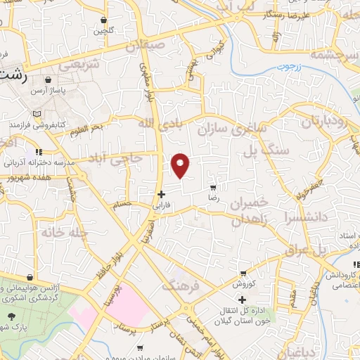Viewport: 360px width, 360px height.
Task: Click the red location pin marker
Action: [181, 165]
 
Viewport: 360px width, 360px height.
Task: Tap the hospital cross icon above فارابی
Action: [161, 194]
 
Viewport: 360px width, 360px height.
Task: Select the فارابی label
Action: [161, 207]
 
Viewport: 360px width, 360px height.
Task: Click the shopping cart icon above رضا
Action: [213, 188]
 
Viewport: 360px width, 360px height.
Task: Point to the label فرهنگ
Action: [181, 286]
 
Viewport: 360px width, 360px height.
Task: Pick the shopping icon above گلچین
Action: [104, 20]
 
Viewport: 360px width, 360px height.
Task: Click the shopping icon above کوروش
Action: [243, 273]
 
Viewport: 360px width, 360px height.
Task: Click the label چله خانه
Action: [63, 232]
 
